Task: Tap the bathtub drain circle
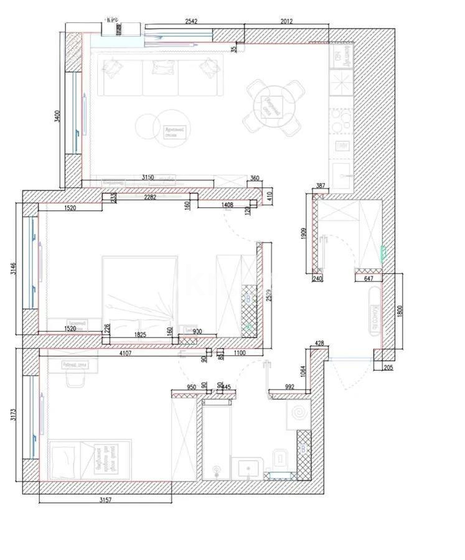click(216, 470)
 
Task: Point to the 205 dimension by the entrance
click(388, 368)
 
